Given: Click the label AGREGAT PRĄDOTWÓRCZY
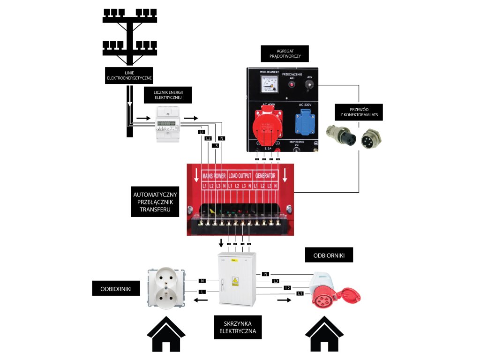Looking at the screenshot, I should (x=285, y=54).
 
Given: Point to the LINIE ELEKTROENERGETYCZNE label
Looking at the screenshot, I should (x=130, y=75).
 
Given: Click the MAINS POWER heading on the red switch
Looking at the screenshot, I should (x=214, y=176).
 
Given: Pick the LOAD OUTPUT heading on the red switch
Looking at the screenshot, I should (x=240, y=176).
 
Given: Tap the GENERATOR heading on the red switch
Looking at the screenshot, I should (x=265, y=176).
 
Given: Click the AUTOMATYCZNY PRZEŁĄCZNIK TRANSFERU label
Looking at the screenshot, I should (x=155, y=202).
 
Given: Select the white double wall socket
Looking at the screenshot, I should (x=165, y=286).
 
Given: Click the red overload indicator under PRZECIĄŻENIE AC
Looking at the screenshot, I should (x=292, y=85).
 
